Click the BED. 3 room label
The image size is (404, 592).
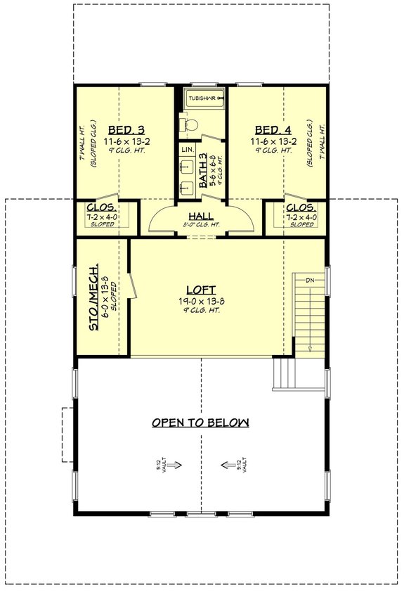click(x=126, y=130)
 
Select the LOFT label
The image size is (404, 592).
click(x=200, y=289)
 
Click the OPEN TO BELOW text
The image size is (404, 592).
click(x=201, y=423)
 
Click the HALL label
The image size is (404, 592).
click(x=201, y=216)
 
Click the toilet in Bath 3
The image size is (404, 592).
click(x=188, y=124)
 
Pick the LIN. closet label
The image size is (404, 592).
click(x=186, y=150)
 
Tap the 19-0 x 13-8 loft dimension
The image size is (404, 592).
click(x=200, y=300)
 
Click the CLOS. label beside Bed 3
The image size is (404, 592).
click(x=102, y=207)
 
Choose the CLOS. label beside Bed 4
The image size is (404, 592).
click(x=301, y=207)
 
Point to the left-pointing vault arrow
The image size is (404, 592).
click(x=228, y=465)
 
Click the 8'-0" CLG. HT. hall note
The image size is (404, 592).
click(x=201, y=225)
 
